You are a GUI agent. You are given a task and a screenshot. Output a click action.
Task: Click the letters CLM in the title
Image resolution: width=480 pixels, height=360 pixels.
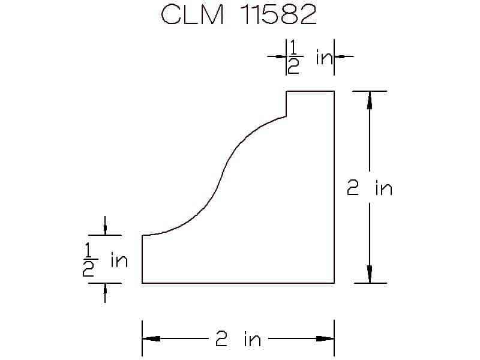(x=192, y=14)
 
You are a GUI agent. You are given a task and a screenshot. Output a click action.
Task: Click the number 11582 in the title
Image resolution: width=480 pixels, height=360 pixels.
(x=278, y=14)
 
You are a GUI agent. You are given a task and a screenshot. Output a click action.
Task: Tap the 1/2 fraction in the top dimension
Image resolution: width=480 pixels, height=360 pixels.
(x=294, y=57)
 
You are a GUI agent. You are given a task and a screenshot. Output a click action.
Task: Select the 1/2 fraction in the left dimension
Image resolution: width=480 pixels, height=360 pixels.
(x=89, y=260)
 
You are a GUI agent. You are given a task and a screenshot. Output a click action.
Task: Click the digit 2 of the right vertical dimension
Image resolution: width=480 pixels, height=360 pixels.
(x=353, y=188)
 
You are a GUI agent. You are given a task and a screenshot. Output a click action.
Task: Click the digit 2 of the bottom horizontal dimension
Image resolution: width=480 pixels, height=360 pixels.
(x=221, y=339)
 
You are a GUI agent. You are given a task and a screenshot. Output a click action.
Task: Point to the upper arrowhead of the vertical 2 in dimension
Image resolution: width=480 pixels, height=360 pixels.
(x=370, y=100)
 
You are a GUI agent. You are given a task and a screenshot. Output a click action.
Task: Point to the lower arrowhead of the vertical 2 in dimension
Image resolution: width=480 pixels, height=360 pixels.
(x=370, y=274)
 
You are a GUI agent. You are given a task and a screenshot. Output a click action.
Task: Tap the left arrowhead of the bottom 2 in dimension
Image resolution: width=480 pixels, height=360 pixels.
(x=151, y=338)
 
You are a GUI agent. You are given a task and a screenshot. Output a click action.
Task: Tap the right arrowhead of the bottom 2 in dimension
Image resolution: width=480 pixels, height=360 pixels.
(x=325, y=338)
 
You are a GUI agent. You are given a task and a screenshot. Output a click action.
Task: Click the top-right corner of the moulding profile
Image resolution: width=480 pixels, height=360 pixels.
(x=334, y=91)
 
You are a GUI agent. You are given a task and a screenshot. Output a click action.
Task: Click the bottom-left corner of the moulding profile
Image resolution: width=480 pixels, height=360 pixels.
(x=142, y=283)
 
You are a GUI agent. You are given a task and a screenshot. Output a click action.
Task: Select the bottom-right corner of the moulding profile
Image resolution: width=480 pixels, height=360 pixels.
(x=334, y=283)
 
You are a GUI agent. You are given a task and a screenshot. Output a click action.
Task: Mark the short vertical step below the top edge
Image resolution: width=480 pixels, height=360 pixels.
(x=286, y=104)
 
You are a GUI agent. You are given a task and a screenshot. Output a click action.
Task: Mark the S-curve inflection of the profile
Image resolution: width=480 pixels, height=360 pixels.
(x=223, y=175)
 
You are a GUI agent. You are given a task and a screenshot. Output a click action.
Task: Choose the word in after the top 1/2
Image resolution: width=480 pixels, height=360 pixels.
(x=324, y=57)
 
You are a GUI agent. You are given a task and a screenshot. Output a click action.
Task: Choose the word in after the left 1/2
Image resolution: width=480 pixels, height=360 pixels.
(x=119, y=260)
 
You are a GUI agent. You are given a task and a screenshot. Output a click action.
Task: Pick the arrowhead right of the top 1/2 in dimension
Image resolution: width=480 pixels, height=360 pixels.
(x=339, y=56)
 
